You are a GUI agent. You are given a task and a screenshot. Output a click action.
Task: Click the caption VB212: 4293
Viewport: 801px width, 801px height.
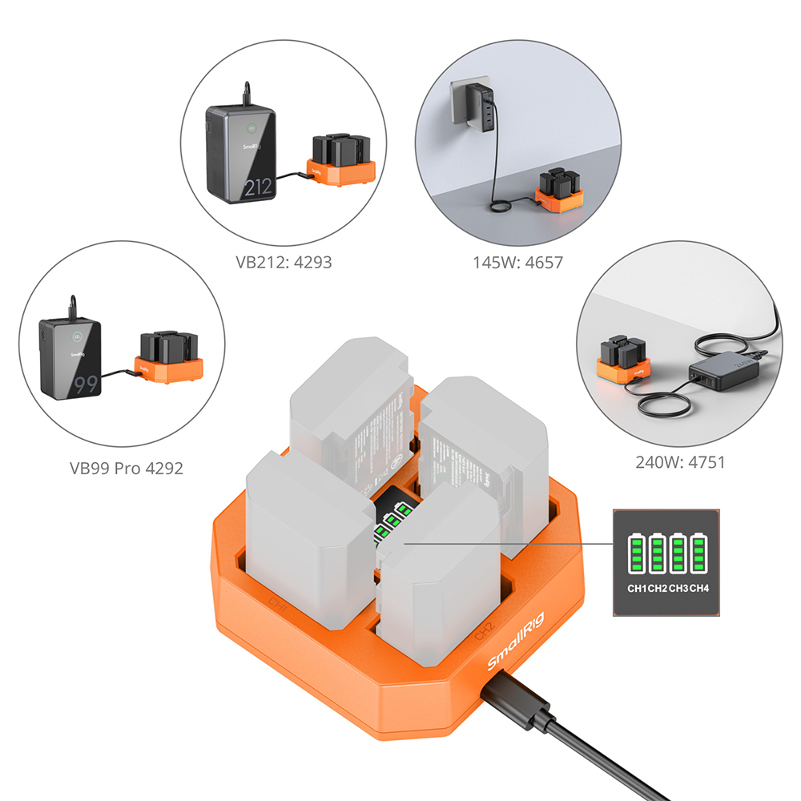coord(283,261)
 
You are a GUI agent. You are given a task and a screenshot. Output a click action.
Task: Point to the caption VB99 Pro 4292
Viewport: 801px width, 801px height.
coord(127,468)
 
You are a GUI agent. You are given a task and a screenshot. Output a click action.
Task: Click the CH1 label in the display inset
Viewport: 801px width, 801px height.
coord(637,590)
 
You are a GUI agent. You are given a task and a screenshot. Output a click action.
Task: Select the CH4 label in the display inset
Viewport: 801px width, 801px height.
coord(700,590)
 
